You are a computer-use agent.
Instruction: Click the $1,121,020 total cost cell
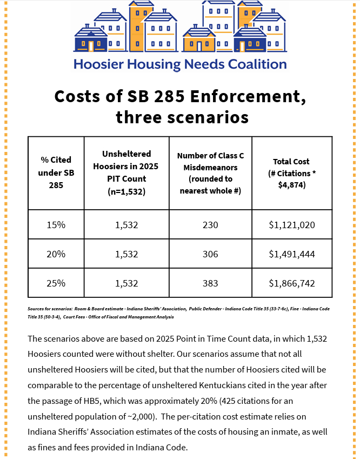click(292, 224)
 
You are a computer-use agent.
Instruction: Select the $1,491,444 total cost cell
click(292, 254)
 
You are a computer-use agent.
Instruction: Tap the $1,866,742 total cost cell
click(292, 283)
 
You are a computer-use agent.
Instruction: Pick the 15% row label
click(56, 224)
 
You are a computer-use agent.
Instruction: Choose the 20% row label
click(56, 254)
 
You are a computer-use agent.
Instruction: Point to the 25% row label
click(56, 283)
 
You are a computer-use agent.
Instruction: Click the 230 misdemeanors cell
click(210, 224)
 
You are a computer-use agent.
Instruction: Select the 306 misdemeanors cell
click(210, 254)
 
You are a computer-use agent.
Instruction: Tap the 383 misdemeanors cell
click(210, 283)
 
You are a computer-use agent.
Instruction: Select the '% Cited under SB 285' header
click(56, 172)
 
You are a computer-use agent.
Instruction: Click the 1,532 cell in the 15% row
click(126, 224)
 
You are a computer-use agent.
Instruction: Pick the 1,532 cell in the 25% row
click(126, 283)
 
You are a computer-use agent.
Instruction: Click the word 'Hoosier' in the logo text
click(99, 64)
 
